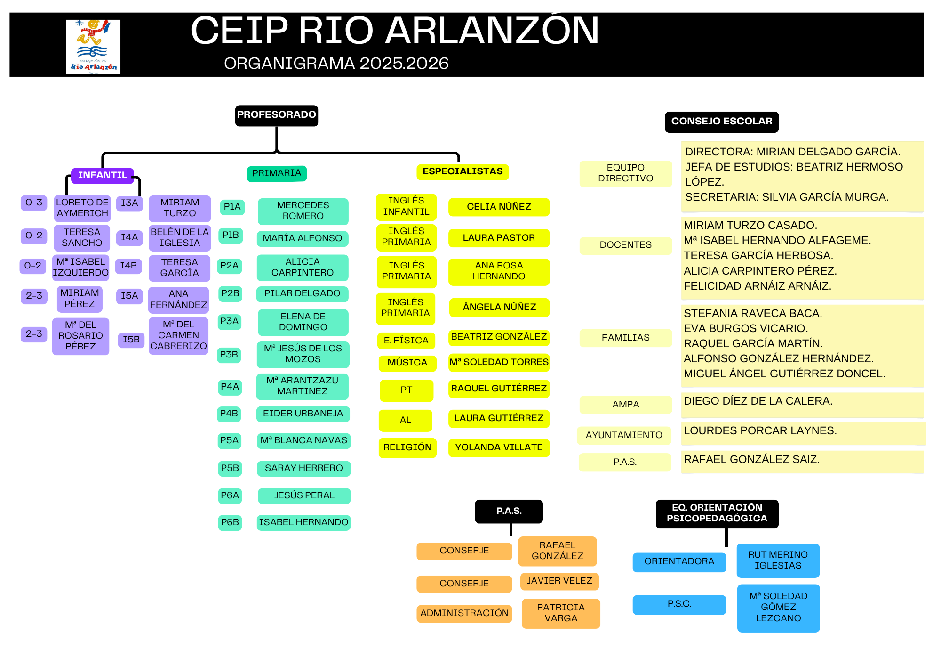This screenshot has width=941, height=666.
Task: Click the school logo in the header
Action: (x=93, y=47)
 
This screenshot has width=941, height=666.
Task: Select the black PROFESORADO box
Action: (x=277, y=115)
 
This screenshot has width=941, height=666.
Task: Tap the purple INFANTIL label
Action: (x=103, y=176)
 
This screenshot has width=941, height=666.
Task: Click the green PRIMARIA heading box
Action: (x=277, y=173)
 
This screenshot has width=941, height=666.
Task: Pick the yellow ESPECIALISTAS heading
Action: (x=463, y=172)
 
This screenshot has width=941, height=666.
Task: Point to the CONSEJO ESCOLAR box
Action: (x=721, y=122)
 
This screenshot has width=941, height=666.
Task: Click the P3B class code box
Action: (x=229, y=355)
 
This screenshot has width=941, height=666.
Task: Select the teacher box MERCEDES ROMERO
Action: (x=303, y=211)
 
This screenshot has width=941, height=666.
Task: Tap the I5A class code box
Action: (x=129, y=296)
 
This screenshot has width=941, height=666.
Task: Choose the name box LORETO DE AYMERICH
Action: (x=82, y=208)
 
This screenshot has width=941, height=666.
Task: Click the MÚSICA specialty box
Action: (x=407, y=363)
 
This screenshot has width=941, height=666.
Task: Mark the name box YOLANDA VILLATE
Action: (x=499, y=447)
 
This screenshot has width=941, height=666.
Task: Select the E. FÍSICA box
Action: (x=406, y=341)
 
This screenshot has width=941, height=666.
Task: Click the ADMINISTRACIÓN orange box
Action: (x=464, y=613)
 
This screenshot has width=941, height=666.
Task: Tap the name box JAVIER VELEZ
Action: (x=559, y=581)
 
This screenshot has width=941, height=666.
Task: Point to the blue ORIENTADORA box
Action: (x=679, y=562)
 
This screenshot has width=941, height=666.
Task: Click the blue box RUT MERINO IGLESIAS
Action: (x=778, y=560)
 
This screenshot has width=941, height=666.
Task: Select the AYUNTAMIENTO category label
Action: (x=624, y=435)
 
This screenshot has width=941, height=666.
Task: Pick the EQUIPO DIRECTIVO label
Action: (x=625, y=173)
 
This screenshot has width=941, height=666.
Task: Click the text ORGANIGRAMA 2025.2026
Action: (x=336, y=64)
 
